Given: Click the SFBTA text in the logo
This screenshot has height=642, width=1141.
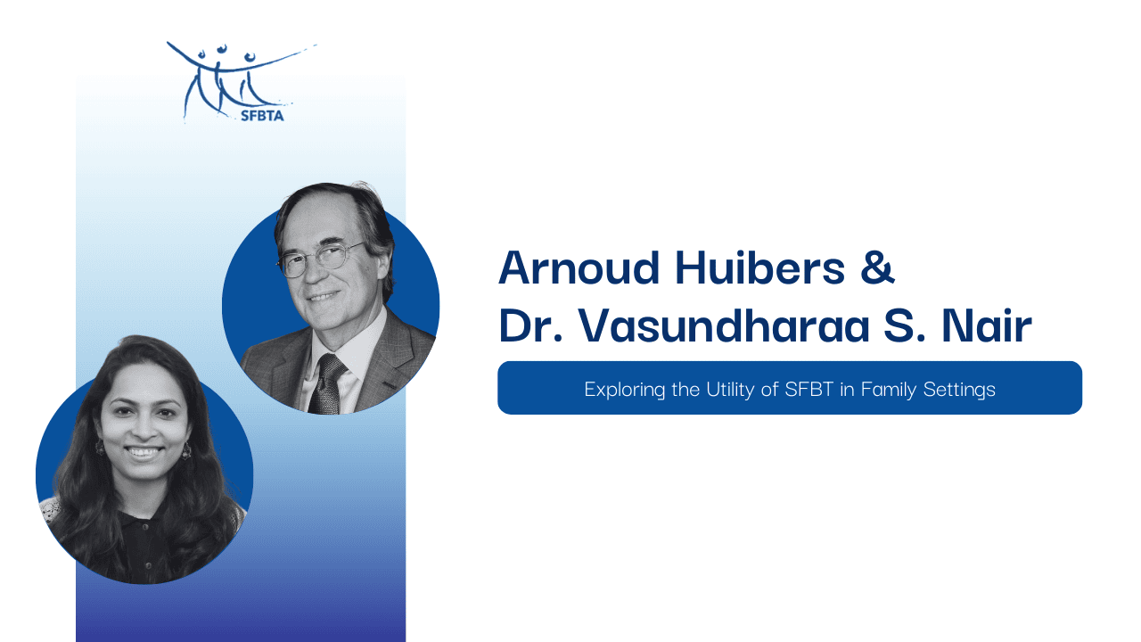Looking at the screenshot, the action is (262, 116).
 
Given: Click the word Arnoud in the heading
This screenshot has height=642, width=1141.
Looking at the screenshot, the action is (579, 267).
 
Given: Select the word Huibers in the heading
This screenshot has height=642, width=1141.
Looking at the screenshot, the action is (760, 267).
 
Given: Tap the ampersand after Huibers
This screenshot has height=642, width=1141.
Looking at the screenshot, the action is (877, 267).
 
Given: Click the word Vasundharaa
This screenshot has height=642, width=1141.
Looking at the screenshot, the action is (724, 325).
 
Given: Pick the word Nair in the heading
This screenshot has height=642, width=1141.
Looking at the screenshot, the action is (987, 325).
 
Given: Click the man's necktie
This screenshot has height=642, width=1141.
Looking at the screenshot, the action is (327, 383).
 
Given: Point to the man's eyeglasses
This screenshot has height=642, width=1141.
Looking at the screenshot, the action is (321, 259).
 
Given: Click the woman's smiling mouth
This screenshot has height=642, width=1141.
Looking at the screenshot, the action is (144, 452).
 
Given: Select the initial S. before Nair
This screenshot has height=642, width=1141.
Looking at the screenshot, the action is (905, 325).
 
